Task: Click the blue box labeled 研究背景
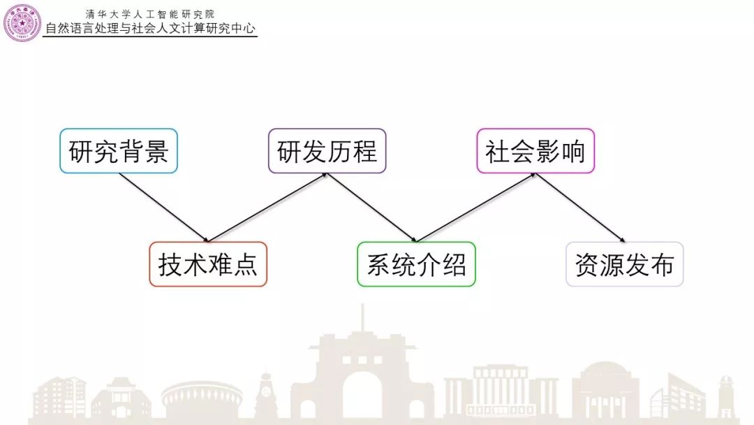tap(119, 151)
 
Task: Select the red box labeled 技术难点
tap(208, 264)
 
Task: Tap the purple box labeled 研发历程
tap(327, 151)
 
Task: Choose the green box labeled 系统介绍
tap(416, 264)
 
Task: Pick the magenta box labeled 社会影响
tap(535, 151)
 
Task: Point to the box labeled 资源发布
tap(624, 264)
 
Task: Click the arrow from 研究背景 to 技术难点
tap(163, 208)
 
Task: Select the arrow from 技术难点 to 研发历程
tap(268, 208)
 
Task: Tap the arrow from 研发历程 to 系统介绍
tap(372, 208)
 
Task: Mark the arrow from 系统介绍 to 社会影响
tap(476, 208)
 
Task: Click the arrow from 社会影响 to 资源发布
tap(580, 208)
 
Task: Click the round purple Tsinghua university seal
tap(22, 22)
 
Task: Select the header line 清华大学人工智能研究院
tap(150, 13)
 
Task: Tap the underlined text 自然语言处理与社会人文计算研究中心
tap(150, 29)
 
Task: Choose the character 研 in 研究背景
tap(81, 151)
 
